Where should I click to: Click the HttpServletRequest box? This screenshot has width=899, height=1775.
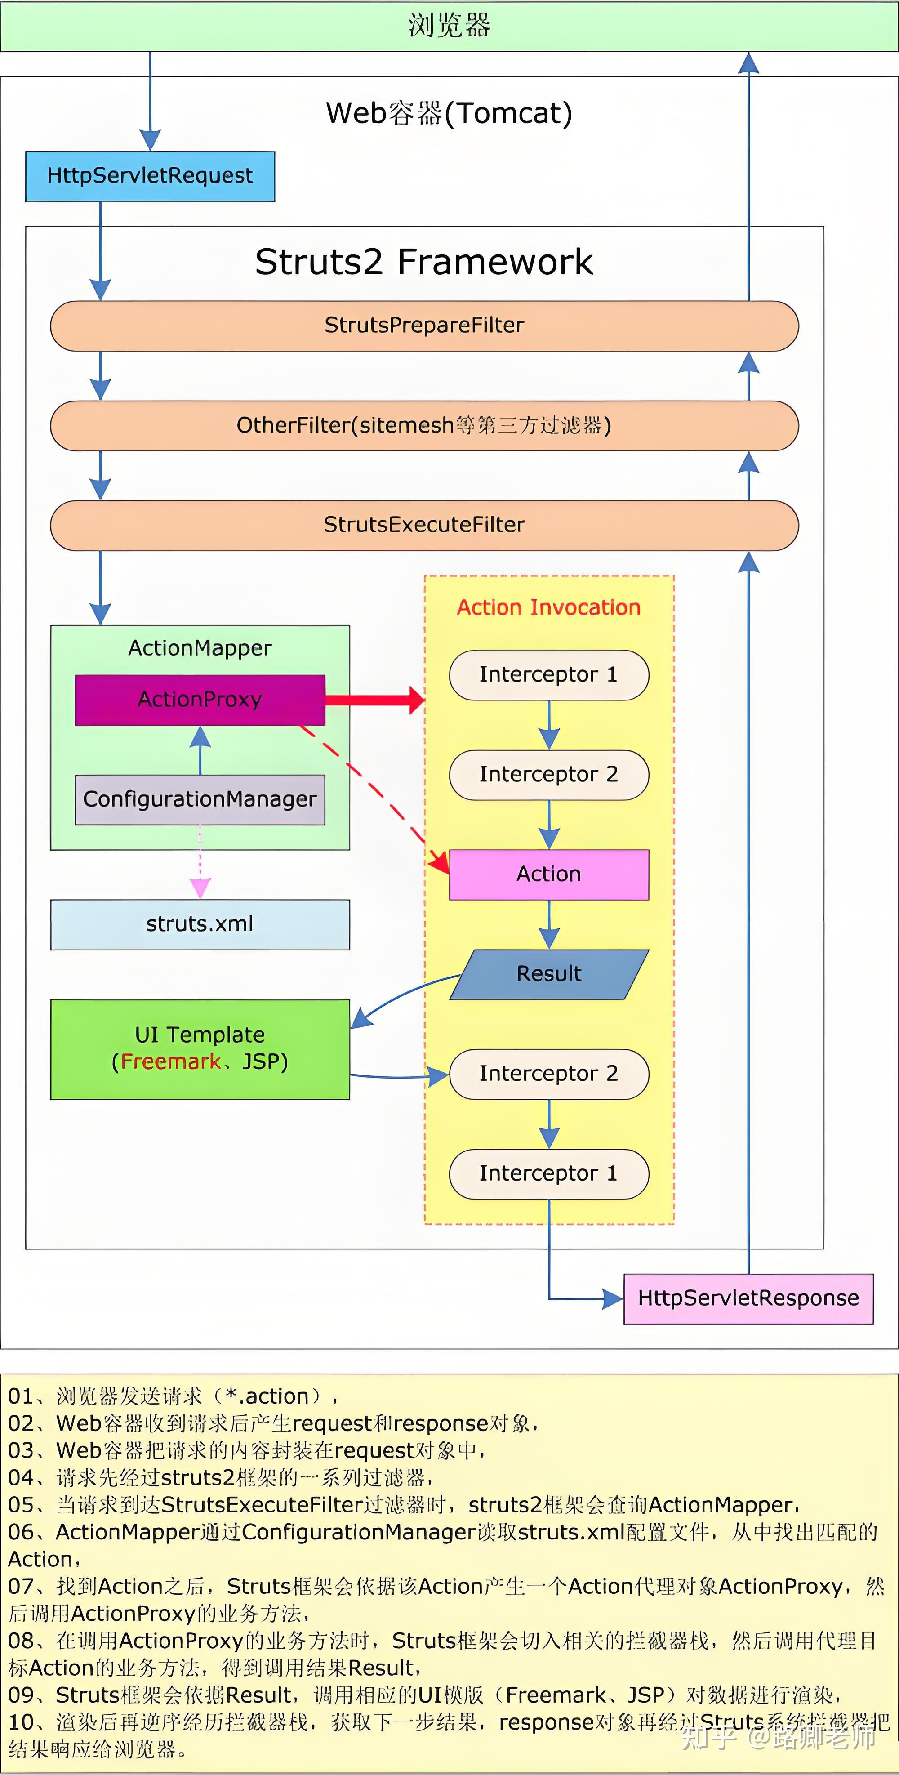[150, 176]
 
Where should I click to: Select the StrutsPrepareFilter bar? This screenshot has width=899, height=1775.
[424, 325]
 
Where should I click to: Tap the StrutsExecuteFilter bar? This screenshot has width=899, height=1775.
[424, 525]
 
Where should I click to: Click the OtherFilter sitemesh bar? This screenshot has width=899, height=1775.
[424, 425]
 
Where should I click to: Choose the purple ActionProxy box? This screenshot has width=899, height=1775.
[200, 700]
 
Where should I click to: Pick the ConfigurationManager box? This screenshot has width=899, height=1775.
[200, 799]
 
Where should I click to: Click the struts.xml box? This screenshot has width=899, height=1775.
[200, 924]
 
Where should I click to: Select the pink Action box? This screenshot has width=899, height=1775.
[549, 874]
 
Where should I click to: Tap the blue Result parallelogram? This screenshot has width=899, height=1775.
[549, 974]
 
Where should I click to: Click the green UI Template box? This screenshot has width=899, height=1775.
[200, 1049]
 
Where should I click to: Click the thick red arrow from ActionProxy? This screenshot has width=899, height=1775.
[375, 700]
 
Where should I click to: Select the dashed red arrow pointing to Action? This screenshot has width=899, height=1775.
[372, 785]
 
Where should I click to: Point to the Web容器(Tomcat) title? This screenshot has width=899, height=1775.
[449, 113]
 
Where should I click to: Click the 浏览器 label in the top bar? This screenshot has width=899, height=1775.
[449, 26]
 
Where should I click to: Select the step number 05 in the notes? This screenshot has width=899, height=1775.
[21, 1504]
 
